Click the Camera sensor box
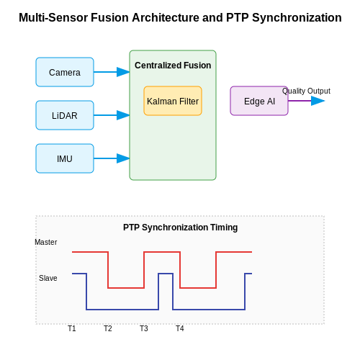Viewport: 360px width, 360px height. (65, 72)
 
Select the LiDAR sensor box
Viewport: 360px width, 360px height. (65, 115)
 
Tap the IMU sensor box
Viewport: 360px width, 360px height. (65, 158)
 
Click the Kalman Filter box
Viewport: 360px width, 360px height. (173, 101)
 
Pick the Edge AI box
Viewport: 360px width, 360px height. (259, 101)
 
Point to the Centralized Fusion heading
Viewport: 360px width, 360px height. (173, 66)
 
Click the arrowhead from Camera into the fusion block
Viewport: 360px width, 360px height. (123, 72)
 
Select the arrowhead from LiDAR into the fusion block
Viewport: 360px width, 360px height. (123, 115)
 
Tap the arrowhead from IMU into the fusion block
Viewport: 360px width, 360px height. (123, 158)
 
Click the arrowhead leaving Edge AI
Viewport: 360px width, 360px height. (318, 101)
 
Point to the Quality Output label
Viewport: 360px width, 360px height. (306, 91)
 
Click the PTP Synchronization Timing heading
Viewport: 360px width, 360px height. (180, 228)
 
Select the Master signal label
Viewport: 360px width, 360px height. (46, 242)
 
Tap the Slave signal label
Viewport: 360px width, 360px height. (48, 278)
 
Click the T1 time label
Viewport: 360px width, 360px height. (72, 328)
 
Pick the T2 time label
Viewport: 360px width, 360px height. (108, 328)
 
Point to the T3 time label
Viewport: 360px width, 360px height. (144, 328)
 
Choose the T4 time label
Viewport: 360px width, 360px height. (180, 328)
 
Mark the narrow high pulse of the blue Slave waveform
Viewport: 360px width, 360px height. (166, 274)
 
